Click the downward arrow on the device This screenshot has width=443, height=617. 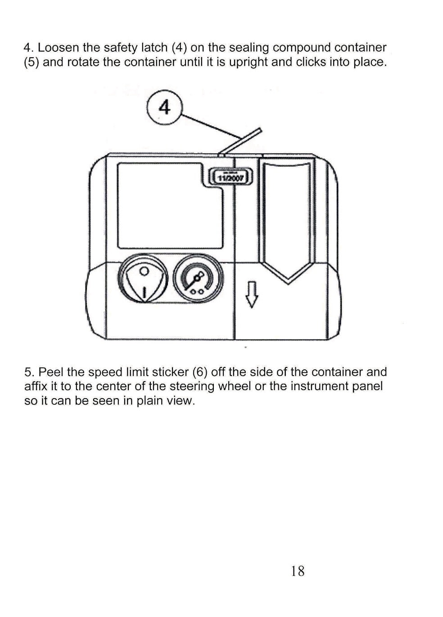(252, 294)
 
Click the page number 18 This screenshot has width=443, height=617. (298, 571)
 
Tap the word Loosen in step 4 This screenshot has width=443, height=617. (58, 48)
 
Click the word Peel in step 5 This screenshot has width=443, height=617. (50, 372)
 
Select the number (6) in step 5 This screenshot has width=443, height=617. (199, 372)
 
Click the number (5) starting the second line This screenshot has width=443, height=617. (31, 62)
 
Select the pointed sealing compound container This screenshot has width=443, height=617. (287, 221)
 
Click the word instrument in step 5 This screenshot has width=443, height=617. (322, 386)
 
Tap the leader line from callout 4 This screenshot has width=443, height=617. (211, 126)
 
